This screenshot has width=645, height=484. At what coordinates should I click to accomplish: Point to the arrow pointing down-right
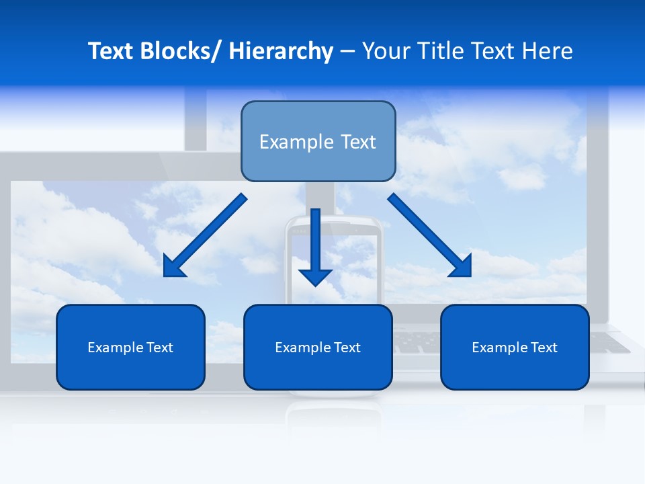[430, 236]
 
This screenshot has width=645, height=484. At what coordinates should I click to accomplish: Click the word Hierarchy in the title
[281, 51]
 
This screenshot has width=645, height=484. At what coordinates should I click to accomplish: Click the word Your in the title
[386, 51]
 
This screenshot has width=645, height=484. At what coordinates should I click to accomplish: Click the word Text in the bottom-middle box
[346, 348]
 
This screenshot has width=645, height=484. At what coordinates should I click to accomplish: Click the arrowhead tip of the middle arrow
[316, 285]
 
